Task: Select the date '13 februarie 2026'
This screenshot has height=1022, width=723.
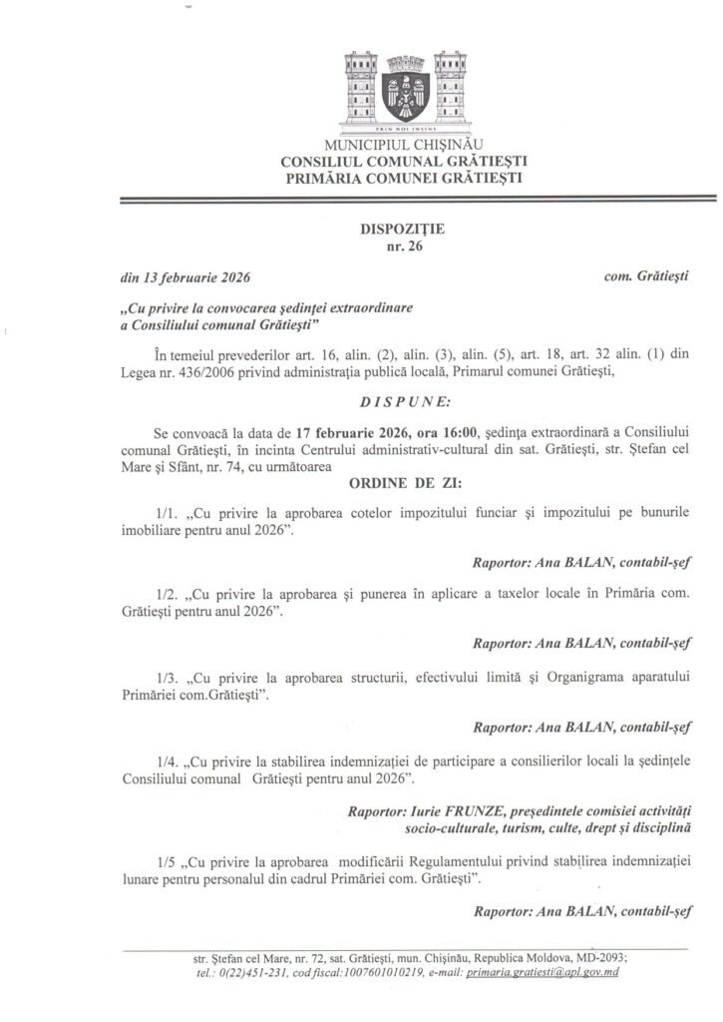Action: point(189,276)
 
